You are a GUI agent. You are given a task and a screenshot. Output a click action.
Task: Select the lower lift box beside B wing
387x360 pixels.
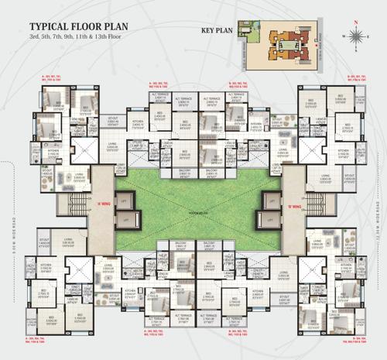coord(272,221)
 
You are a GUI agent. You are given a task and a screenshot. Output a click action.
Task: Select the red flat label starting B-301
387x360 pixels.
coord(361,78)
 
